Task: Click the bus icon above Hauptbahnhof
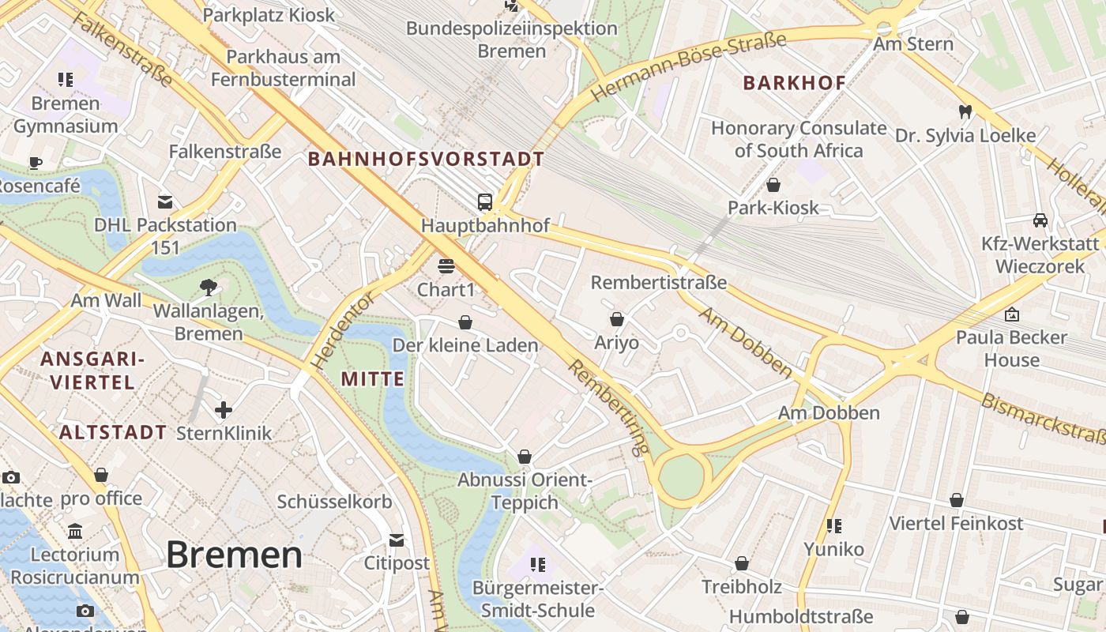point(485,201)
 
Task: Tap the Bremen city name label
point(234,555)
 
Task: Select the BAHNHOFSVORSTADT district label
point(426,159)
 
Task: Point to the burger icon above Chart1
point(446,265)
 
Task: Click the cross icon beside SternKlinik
point(224,409)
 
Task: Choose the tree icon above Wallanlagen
point(209,287)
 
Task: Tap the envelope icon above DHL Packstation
point(165,201)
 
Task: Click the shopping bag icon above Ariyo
point(617,319)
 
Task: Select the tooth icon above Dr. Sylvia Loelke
point(965,111)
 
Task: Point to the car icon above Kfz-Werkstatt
point(1040,220)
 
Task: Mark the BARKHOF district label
point(794,82)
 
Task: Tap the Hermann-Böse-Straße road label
point(689,66)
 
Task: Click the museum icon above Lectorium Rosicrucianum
point(75,531)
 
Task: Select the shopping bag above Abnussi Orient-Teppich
point(525,457)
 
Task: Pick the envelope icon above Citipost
point(397,540)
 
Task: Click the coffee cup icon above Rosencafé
point(36,163)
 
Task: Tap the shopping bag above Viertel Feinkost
point(957,500)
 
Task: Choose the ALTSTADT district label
point(112,432)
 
